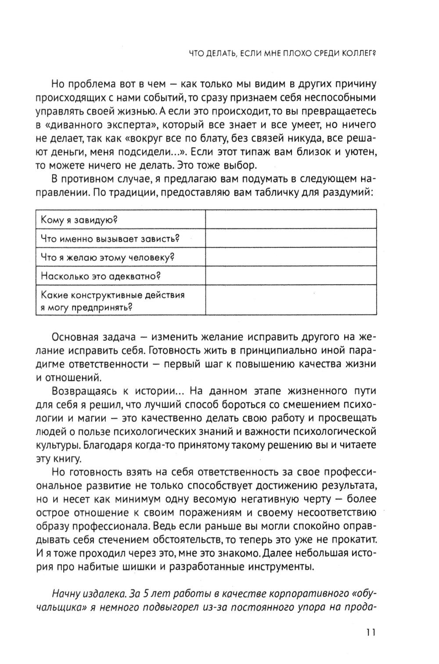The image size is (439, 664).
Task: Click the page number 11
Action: click(370, 632)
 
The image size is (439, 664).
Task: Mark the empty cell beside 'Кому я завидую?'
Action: click(291, 220)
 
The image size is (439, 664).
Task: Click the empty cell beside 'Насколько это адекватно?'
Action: click(291, 276)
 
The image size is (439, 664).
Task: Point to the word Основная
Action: click(76, 338)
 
